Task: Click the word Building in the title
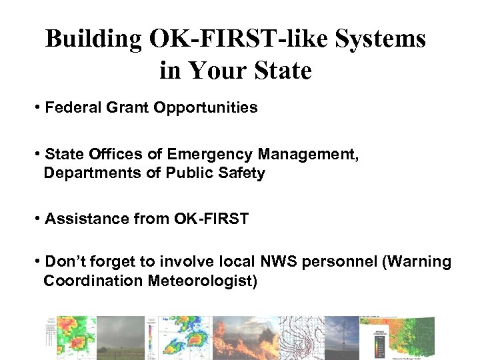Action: (94, 39)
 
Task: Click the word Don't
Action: (65, 262)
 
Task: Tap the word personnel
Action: (340, 262)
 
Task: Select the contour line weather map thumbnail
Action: (301, 337)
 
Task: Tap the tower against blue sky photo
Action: (341, 337)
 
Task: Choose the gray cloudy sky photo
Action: (120, 337)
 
